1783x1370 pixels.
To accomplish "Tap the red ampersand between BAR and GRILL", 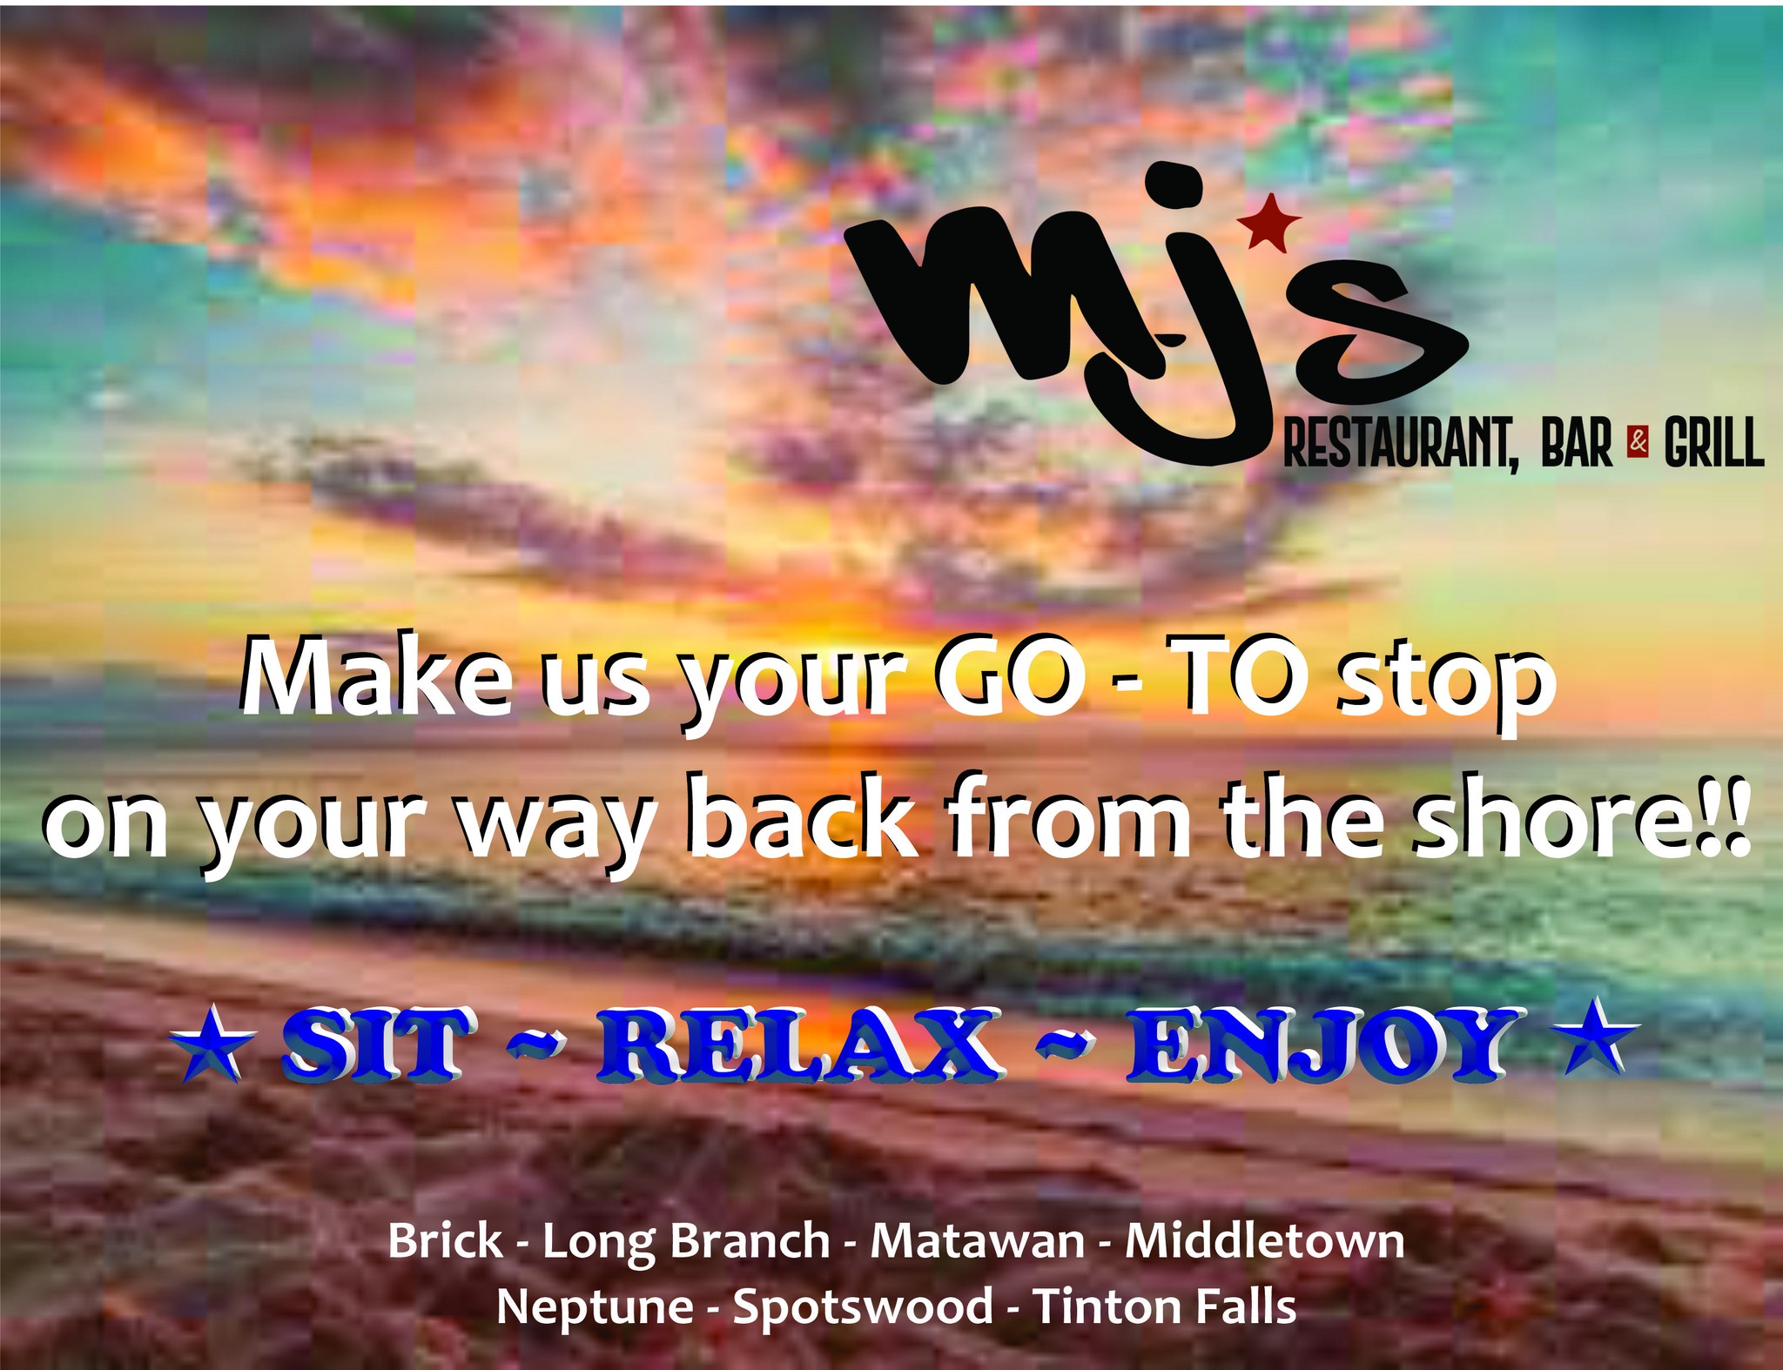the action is pos(1638,443).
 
